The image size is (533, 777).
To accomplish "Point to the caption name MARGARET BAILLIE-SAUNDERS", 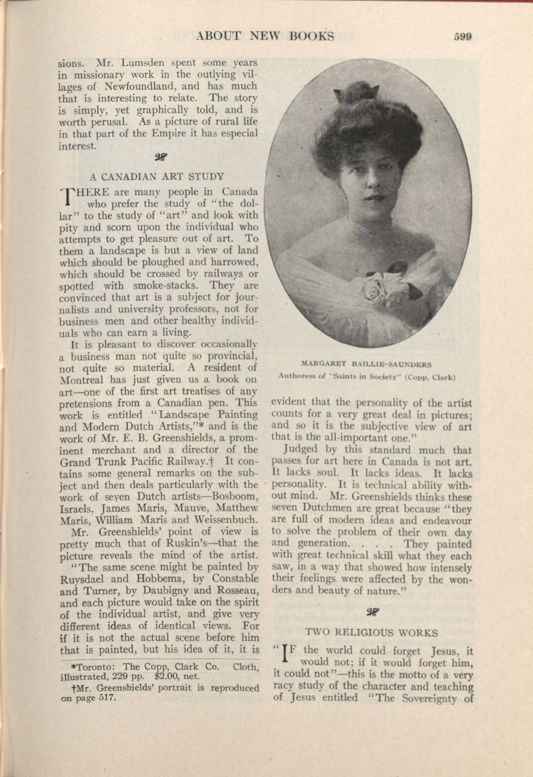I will click(367, 364).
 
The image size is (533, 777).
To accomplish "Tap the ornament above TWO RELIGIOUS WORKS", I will click(372, 612).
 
